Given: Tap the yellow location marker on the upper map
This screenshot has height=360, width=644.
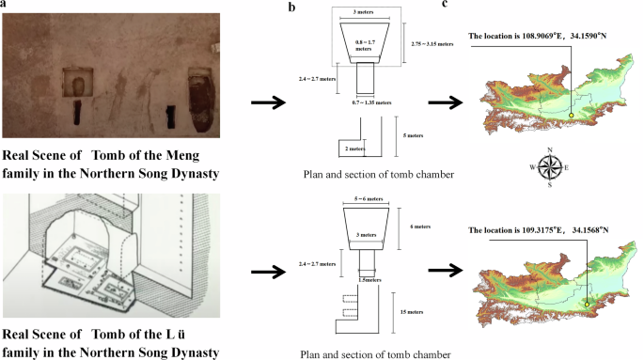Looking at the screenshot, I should point(571,116).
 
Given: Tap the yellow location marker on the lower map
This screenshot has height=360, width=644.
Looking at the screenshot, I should point(587,304).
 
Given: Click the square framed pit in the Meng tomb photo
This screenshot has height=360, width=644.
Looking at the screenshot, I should point(77,85).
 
